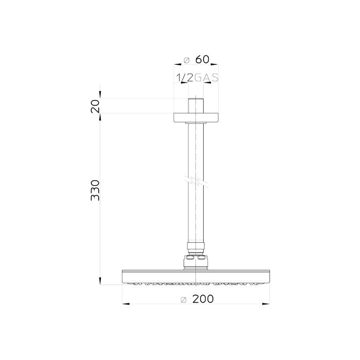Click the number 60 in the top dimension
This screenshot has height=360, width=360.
point(203,60)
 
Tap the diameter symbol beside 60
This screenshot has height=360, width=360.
point(187,60)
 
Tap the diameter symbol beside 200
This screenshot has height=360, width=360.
point(184,299)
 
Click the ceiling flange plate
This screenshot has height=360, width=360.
point(196,117)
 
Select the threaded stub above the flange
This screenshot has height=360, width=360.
point(196,105)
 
